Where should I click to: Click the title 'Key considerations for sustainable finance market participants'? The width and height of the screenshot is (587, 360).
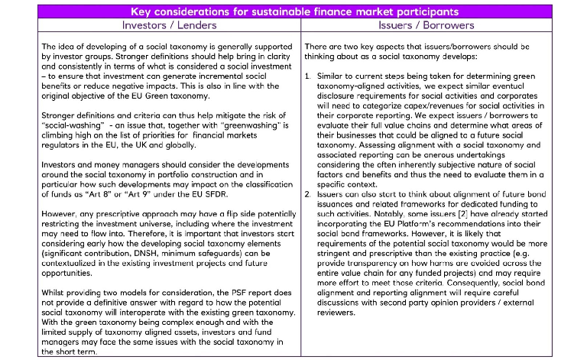[293, 11]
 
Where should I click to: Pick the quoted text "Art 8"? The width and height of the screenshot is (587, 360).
[74, 185]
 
